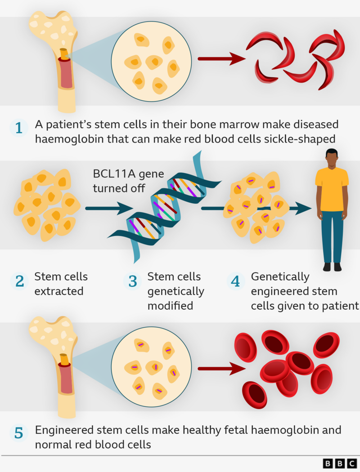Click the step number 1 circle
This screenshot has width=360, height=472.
click(x=18, y=128)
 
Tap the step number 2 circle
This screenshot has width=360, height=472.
click(x=19, y=281)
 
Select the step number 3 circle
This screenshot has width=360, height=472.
click(x=133, y=281)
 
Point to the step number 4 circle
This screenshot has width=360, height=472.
click(x=235, y=281)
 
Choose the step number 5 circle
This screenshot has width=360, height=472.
click(x=18, y=434)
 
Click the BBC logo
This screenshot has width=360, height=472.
click(x=340, y=463)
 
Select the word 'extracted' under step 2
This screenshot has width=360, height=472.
click(x=59, y=291)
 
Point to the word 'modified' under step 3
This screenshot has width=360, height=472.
click(x=170, y=306)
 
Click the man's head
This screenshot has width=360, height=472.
click(x=332, y=159)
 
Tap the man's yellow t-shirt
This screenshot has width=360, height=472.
click(x=332, y=189)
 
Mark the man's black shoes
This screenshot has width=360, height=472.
click(x=332, y=267)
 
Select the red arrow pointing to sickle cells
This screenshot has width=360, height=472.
click(x=220, y=58)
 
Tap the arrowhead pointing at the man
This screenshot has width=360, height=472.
click(x=306, y=208)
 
